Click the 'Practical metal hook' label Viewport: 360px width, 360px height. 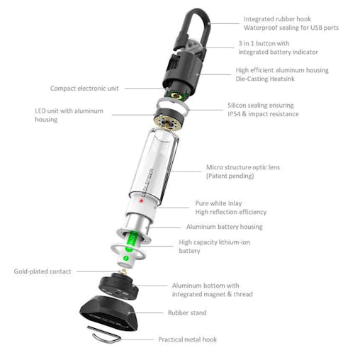click(x=186, y=339)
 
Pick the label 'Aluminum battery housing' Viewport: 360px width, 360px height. click(x=224, y=227)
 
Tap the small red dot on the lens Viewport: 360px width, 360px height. click(x=142, y=201)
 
